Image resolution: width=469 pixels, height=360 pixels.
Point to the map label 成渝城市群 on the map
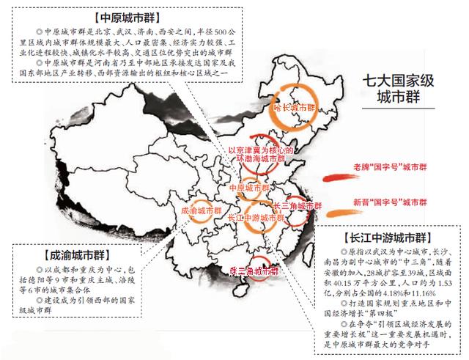click(x=199, y=210)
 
